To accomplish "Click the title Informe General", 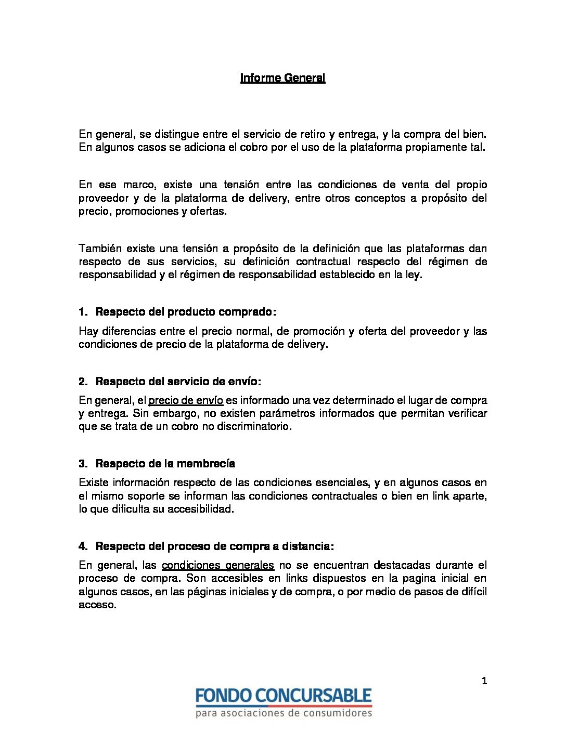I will [282, 78].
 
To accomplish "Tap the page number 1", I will [484, 681].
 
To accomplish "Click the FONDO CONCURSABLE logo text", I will [284, 696].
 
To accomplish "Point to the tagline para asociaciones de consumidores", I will [284, 713].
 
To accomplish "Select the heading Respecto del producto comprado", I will [185, 312].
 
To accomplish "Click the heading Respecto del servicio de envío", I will [178, 382].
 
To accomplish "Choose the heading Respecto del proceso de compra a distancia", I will [214, 546].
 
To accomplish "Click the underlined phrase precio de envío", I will [186, 400].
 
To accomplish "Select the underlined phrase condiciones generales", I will [217, 565].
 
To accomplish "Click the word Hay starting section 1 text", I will [88, 331].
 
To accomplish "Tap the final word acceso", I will [97, 605].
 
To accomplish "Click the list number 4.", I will [83, 546].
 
